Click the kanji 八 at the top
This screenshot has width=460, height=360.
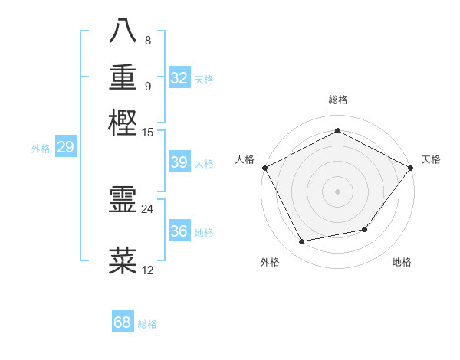pyautogui.click(x=123, y=31)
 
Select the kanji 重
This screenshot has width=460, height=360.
pyautogui.click(x=123, y=77)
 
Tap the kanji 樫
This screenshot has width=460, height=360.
pyautogui.click(x=123, y=123)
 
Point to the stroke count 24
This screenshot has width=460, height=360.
pyautogui.click(x=148, y=208)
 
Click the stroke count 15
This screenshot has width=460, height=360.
pyautogui.click(x=148, y=132)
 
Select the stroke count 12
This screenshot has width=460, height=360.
pyautogui.click(x=148, y=270)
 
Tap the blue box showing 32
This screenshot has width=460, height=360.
pyautogui.click(x=179, y=78)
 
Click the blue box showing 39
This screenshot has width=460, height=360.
pyautogui.click(x=179, y=162)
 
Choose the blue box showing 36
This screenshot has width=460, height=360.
pyautogui.click(x=179, y=231)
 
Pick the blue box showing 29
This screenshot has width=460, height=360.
pyautogui.click(x=65, y=147)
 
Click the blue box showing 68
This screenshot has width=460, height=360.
pyautogui.click(x=123, y=322)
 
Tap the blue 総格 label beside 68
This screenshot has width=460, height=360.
pyautogui.click(x=147, y=324)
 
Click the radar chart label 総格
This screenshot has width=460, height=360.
pyautogui.click(x=337, y=100)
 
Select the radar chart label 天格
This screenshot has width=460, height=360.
pyautogui.click(x=431, y=159)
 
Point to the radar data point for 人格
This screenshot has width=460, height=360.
pyautogui.click(x=264, y=168)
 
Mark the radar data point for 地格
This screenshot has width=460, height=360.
pyautogui.click(x=365, y=229)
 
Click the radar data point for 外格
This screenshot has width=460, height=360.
pyautogui.click(x=302, y=242)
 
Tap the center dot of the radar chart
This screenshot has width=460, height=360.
pyautogui.click(x=337, y=191)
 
